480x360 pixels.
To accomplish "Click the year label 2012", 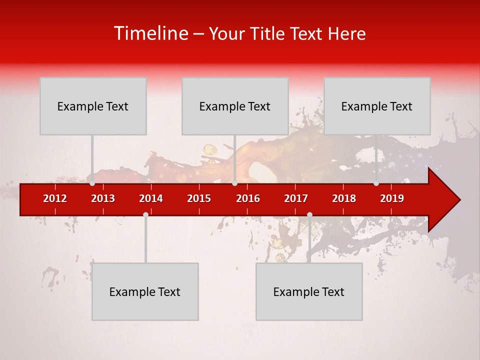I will (55, 198).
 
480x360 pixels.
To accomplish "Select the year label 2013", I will (103, 198).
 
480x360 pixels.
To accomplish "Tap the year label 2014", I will (151, 198).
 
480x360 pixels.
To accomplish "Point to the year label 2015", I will (199, 198).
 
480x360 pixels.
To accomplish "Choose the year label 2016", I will (248, 198).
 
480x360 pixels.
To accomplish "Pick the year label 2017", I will (296, 198).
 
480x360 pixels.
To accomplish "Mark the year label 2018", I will (344, 198).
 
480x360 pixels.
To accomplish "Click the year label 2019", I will (392, 198).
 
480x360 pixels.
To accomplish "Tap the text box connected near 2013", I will (93, 106).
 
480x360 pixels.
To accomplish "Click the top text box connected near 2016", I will (235, 106).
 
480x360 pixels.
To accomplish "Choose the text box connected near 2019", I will (377, 106).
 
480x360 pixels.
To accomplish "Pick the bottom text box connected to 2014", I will (145, 291).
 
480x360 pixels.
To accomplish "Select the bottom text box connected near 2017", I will (309, 291).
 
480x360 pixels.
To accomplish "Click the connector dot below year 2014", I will (145, 214).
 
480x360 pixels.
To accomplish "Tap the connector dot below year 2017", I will (309, 214).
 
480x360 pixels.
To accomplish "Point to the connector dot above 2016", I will (234, 183).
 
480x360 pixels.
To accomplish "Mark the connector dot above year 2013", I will (92, 183).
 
